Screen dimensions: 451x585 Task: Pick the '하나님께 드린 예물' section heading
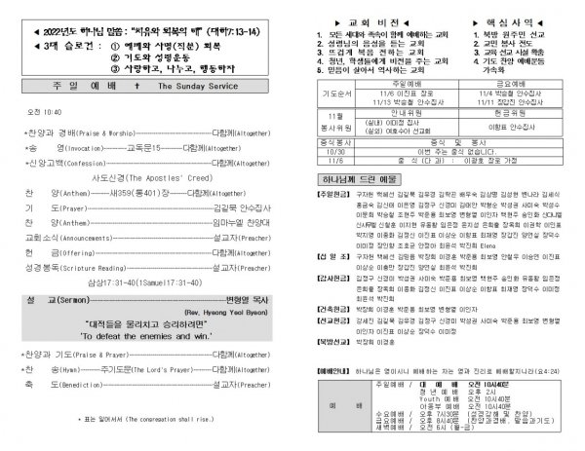coord(356,236)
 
